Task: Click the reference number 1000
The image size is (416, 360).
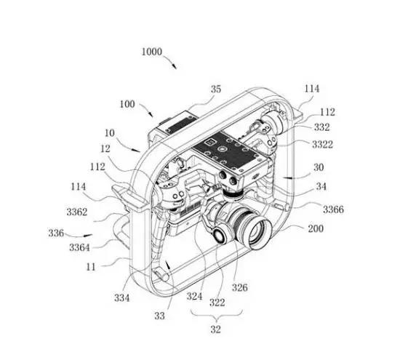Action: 152,52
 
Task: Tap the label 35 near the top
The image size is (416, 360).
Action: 216,89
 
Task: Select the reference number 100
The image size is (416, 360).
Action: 127,104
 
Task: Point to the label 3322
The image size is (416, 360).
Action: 322,145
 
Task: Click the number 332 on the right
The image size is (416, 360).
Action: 321,127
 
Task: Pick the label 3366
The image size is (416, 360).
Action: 333,209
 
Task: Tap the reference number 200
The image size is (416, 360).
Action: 316,228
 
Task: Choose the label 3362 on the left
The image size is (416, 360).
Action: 77,212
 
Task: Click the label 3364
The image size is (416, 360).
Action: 79,247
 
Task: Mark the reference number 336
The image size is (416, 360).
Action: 56,233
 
